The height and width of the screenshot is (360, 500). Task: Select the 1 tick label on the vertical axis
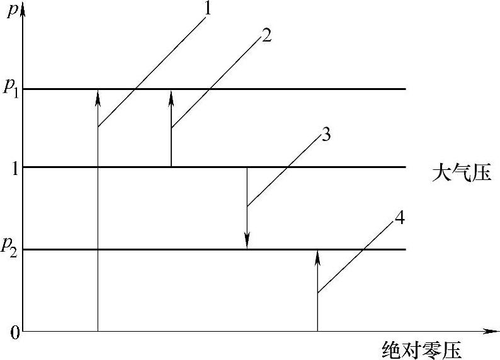[12, 167]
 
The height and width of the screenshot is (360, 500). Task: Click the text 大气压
[461, 172]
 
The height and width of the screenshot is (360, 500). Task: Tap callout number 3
[326, 135]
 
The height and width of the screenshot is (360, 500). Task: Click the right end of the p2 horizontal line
[404, 250]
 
